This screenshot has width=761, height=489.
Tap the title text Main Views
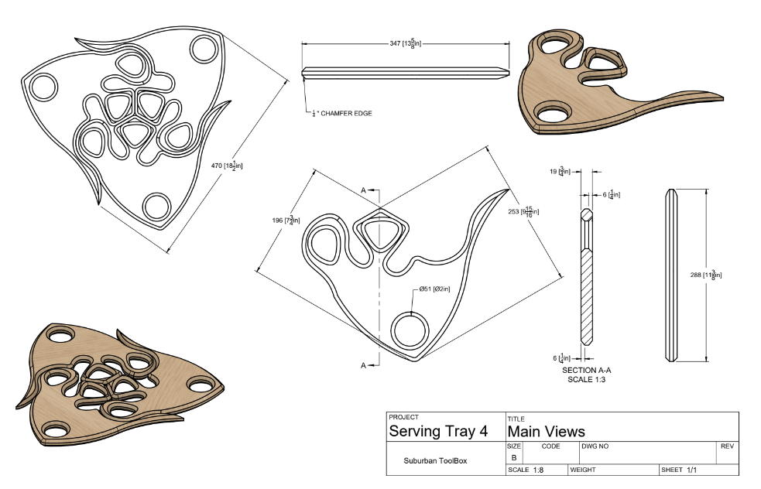point(546,432)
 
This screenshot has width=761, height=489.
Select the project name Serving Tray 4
point(437,432)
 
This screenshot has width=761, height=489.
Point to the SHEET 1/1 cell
point(681,470)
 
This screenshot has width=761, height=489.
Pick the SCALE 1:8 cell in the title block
point(531,470)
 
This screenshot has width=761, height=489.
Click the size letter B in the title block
point(514,457)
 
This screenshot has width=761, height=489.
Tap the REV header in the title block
point(727,446)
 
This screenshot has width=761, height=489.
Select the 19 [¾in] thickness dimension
point(562,171)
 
